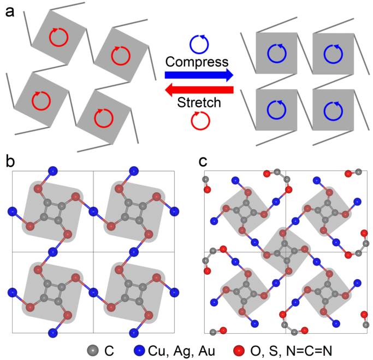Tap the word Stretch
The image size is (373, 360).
coord(198,102)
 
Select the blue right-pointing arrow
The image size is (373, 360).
coord(199,74)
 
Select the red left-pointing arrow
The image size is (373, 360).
coord(199,89)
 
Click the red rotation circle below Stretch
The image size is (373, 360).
coord(198,119)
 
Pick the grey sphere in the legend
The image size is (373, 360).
coord(92,348)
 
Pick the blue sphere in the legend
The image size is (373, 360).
coord(139,348)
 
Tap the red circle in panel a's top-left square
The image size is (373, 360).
coord(58,38)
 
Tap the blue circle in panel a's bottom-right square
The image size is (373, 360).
coord(332,110)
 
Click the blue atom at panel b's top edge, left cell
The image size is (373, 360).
coord(53,172)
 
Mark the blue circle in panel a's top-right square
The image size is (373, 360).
coord(332,54)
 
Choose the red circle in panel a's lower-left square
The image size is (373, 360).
coord(40,100)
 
